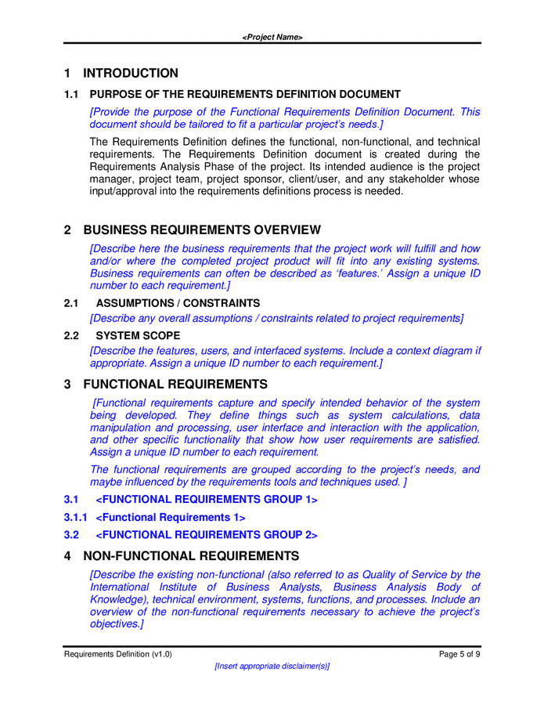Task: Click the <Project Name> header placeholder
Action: coord(272,38)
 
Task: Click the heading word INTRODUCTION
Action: coord(130,74)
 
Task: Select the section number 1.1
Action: coord(71,95)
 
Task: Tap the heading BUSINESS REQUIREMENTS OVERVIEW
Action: coord(201,230)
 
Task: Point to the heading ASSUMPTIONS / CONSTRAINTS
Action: coord(178,303)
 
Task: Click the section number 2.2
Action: coord(71,336)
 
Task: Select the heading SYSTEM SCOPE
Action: coord(138,336)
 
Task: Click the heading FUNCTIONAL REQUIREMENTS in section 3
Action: coord(175,385)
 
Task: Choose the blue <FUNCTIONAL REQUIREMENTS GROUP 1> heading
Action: coord(207,500)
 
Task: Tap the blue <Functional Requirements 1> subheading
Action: coord(170,518)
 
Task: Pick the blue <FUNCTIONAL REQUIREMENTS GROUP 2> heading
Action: coord(207,536)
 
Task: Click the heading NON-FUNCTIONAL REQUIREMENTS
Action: coord(191,557)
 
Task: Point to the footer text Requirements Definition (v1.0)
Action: coord(118,654)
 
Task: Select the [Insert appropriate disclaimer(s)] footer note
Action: coord(272,666)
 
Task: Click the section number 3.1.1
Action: coord(75,518)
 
